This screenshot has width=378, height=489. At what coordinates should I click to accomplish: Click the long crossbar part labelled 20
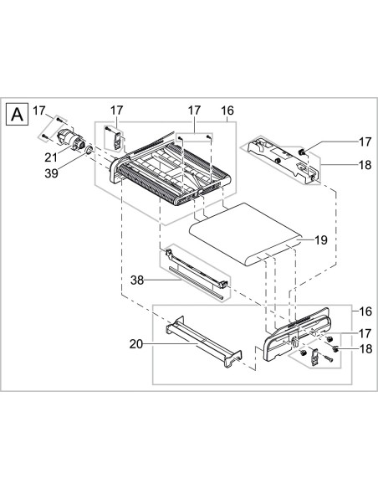[201, 343]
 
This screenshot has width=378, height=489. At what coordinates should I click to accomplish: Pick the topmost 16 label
[226, 110]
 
